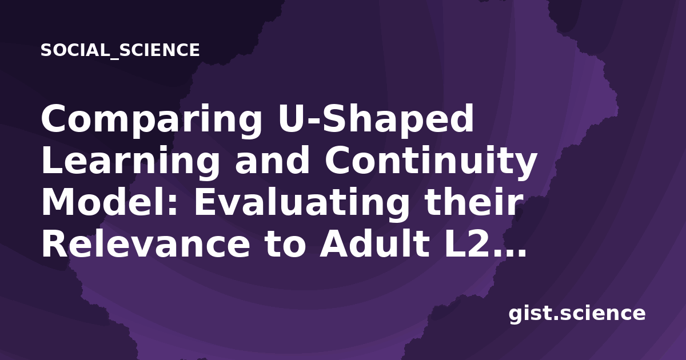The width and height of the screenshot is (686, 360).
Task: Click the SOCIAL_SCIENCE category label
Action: coord(120,50)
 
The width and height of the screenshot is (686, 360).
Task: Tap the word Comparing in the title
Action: coord(151,121)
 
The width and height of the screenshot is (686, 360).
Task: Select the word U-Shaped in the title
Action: coord(376,118)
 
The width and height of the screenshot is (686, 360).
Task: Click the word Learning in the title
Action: coord(130,163)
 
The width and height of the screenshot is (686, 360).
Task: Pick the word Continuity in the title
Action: coord(431,163)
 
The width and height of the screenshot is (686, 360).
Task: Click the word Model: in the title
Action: coord(109,203)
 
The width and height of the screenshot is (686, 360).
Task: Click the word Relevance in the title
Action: coord(146,245)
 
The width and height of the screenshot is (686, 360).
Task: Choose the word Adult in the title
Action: coord(374,245)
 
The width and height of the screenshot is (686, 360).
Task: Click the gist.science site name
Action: coord(577,314)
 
